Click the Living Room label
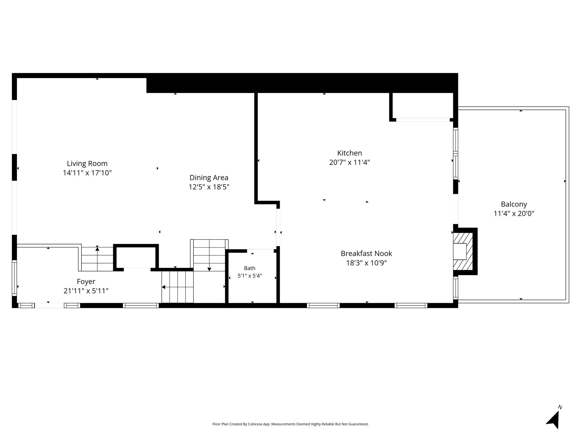[x=87, y=163]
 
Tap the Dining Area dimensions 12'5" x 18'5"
[x=209, y=187]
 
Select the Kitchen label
[x=350, y=153]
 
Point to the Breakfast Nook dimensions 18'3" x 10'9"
[x=367, y=263]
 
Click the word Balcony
[x=514, y=204]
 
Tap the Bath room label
[x=250, y=268]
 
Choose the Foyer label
[x=86, y=282]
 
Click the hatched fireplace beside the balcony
[x=463, y=251]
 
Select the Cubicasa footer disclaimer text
[x=290, y=424]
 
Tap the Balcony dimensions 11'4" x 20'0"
[x=514, y=213]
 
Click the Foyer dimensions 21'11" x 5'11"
[x=86, y=291]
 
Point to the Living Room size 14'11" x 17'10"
[x=87, y=173]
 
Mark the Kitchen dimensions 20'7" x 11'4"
[x=350, y=162]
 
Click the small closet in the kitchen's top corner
[x=423, y=106]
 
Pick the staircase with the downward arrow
[x=209, y=255]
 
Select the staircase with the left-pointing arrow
[x=178, y=287]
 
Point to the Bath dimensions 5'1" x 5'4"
[x=250, y=276]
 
